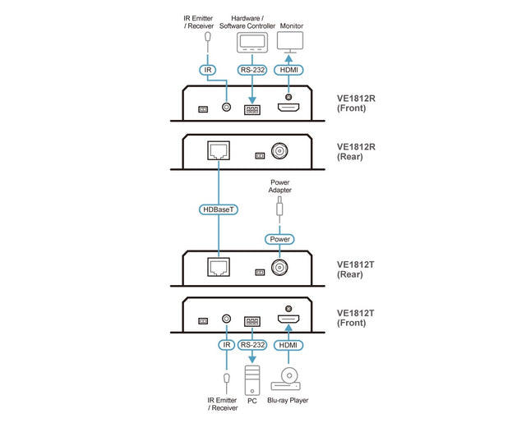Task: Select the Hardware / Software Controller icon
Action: tap(250, 43)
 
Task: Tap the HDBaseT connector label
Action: tap(219, 210)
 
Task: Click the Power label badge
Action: tap(279, 240)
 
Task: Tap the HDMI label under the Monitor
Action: tap(289, 70)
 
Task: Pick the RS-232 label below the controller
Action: tap(251, 70)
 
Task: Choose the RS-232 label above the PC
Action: tap(252, 345)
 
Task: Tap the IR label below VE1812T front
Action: tap(226, 345)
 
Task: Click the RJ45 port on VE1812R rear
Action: tap(219, 151)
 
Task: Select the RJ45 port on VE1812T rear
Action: tap(219, 267)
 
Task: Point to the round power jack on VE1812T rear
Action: tap(280, 268)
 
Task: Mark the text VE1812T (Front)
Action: tap(356, 318)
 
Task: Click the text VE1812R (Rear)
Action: tap(356, 154)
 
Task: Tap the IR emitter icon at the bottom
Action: tap(226, 379)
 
